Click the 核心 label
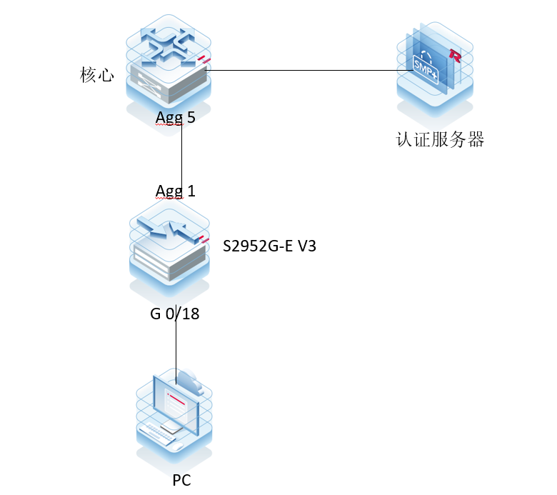[97, 75]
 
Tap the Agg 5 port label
[176, 118]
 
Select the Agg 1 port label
[176, 191]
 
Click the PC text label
[181, 479]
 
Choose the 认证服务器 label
[440, 139]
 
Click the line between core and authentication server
[300, 71]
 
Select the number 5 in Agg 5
[191, 118]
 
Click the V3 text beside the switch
[306, 246]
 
